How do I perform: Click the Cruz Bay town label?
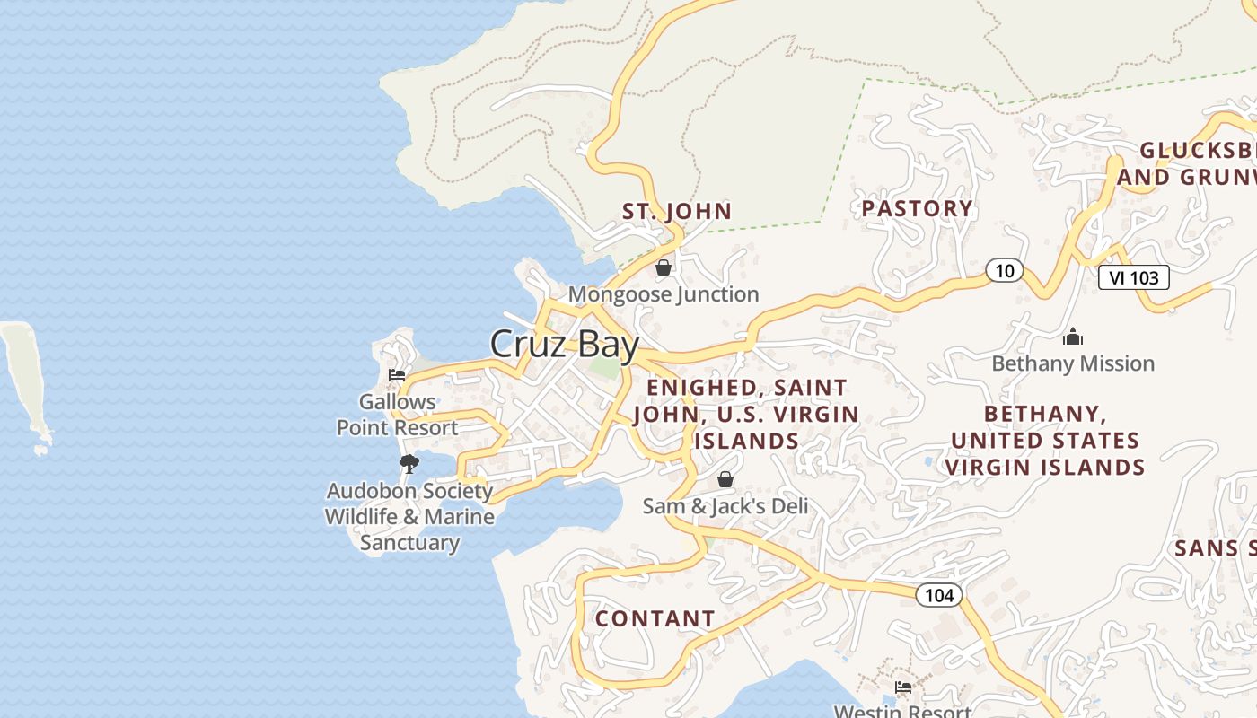pos(565,345)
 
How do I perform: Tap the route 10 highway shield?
pos(1005,269)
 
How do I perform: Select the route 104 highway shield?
pos(939,594)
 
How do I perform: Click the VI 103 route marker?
pos(1134,277)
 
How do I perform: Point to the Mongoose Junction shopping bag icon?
pos(664,267)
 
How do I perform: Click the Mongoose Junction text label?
pos(664,294)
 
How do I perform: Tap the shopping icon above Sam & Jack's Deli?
pos(725,479)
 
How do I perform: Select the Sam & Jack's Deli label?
pos(725,506)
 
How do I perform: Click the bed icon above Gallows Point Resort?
pos(397,375)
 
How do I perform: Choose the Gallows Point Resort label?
pos(398,415)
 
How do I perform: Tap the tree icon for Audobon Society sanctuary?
pos(409,464)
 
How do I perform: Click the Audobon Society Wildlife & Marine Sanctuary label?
pos(409,517)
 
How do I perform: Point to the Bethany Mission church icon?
pos(1073,337)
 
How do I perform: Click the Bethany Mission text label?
pos(1073,363)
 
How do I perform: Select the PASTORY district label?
pos(917,209)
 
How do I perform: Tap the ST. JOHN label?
pos(677,212)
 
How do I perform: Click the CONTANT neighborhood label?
pos(655,619)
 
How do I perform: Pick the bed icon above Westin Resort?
pos(903,687)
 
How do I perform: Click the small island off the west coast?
pos(27,381)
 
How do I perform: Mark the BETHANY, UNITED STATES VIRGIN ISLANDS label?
pos(1045,441)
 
